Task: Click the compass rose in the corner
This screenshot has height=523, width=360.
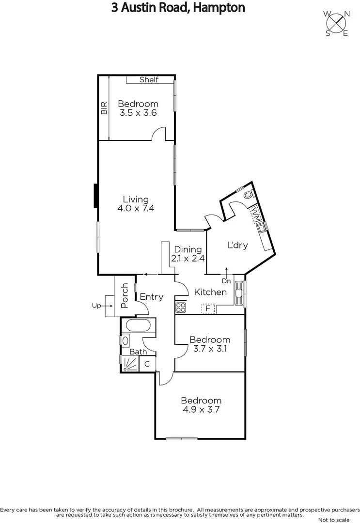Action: pos(337,23)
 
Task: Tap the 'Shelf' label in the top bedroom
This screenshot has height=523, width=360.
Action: pos(149,80)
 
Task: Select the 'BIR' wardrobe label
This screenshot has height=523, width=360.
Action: pos(104,108)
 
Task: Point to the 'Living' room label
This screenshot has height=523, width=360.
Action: pos(136,199)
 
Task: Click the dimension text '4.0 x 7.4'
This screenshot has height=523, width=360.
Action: pos(136,209)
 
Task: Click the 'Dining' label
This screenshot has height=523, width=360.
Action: pos(188,249)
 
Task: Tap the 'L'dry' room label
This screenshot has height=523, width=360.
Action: pos(237,245)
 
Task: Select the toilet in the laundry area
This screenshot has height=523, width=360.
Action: pos(248,195)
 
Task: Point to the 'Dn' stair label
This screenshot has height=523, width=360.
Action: pos(226,281)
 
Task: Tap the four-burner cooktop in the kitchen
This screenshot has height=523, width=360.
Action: pos(181,307)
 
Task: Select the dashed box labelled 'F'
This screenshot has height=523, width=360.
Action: pos(208,308)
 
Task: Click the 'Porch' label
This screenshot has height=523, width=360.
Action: pos(125,295)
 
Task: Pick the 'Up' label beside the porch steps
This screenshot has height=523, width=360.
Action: pos(95,306)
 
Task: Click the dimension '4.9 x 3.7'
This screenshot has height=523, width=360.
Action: pos(201,410)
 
